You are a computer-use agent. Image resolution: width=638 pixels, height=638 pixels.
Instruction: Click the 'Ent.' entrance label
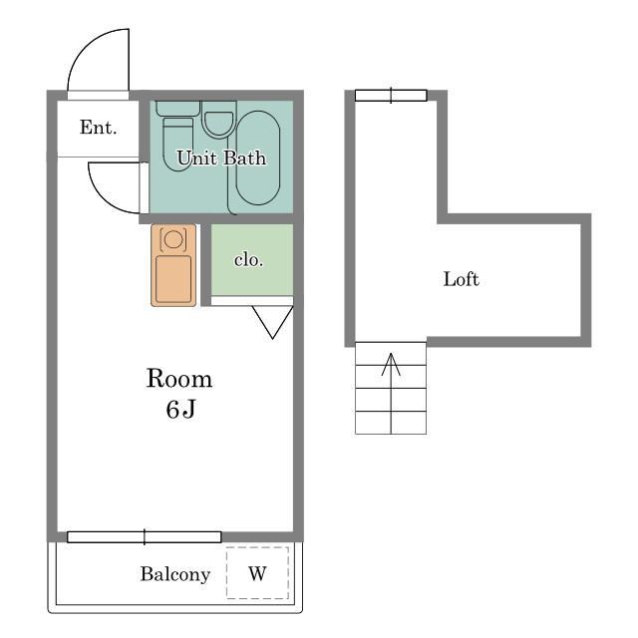[98, 128]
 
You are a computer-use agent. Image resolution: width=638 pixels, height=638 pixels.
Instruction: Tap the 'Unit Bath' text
[221, 158]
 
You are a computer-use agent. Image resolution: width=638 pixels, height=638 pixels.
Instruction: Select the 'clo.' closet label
[248, 260]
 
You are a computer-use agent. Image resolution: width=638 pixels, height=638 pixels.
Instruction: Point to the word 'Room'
[179, 379]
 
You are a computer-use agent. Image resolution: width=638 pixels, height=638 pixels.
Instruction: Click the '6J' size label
[180, 409]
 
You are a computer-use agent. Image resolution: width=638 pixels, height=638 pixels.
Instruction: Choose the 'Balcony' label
[175, 574]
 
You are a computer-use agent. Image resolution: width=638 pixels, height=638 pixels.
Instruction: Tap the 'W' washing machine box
[257, 573]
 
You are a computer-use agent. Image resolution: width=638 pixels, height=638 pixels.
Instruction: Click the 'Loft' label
[461, 279]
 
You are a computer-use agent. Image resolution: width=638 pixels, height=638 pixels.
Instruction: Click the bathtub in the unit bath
[258, 158]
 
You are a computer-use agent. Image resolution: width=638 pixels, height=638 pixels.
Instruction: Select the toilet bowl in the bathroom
[177, 145]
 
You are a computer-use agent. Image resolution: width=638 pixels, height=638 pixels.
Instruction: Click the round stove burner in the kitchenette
[173, 239]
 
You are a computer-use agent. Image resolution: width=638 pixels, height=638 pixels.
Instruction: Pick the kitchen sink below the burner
[173, 279]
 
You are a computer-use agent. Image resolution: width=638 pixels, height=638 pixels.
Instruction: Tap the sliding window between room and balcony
[144, 537]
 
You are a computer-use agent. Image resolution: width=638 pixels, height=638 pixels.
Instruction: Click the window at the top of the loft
[391, 96]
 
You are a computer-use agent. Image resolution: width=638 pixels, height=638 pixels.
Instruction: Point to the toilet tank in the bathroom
[177, 109]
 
